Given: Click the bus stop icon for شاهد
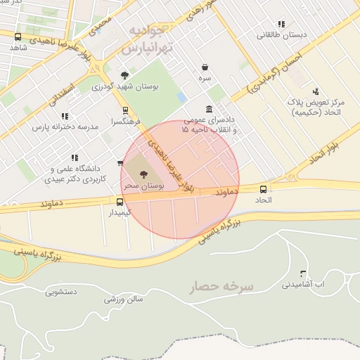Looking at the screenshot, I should point(18,37).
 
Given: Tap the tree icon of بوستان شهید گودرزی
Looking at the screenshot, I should point(124,75).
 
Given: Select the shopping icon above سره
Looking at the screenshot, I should point(205,67).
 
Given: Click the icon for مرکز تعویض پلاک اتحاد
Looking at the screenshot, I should point(316,91).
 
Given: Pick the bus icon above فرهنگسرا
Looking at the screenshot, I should point(125,110).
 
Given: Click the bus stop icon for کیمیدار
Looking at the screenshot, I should point(120,202).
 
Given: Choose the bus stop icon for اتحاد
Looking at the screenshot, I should point(264,188).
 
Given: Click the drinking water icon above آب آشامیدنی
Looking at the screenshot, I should point(303,274).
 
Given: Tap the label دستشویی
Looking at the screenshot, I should point(65,289).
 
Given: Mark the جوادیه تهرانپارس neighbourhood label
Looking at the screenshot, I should point(146,40).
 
